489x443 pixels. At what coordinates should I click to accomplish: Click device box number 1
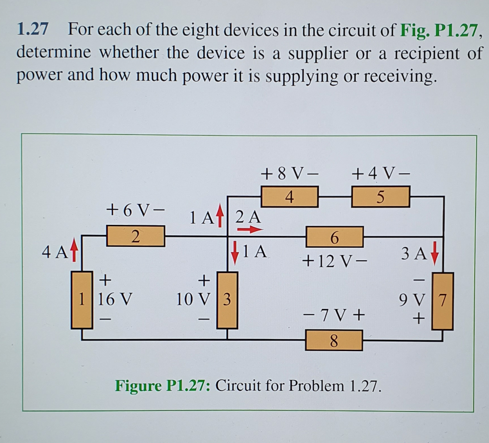(82, 300)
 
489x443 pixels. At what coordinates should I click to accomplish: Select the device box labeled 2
(136, 236)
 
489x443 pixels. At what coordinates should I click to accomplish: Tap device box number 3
(227, 300)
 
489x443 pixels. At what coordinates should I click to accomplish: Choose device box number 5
(380, 197)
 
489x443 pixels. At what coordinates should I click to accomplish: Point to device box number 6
(334, 237)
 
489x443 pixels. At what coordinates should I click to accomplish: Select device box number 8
(334, 342)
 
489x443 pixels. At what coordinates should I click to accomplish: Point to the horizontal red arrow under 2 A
(250, 230)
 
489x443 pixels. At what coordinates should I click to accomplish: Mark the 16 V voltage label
(115, 300)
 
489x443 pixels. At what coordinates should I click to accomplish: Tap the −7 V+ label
(334, 316)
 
